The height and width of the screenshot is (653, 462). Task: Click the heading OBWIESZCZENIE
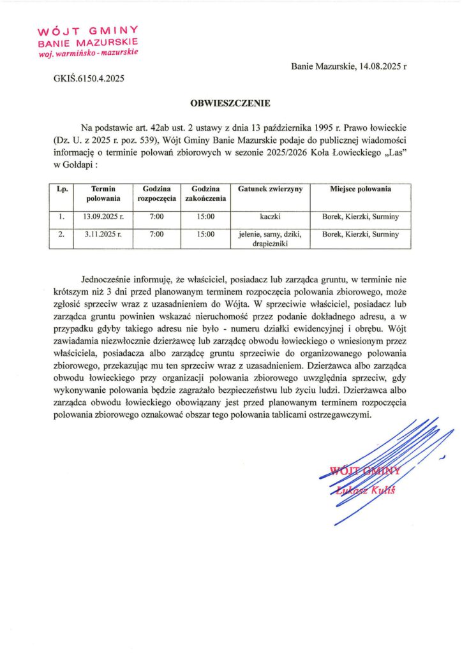[x=230, y=102]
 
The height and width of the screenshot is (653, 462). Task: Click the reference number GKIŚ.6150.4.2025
[x=88, y=80]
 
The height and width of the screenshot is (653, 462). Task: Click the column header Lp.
[x=62, y=189]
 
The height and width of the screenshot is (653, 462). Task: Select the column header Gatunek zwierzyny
[x=270, y=189]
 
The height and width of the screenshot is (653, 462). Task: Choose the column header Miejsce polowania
[x=361, y=189]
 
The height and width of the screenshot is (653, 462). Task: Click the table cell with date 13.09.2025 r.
[x=103, y=217]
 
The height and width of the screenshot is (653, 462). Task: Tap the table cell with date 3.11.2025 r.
[x=103, y=235]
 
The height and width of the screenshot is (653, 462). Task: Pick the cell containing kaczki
[x=270, y=217]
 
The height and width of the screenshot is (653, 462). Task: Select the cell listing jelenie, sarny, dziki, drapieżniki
[x=270, y=238]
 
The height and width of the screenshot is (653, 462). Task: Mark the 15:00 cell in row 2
[x=205, y=235]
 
